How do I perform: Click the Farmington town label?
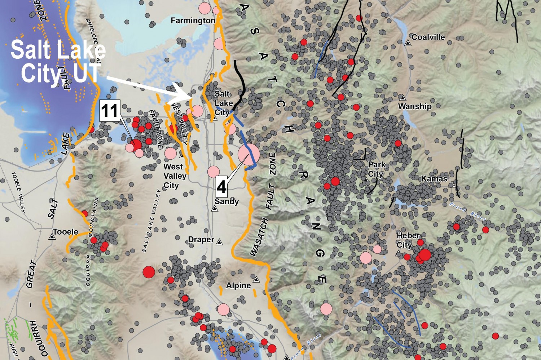pyautogui.click(x=193, y=21)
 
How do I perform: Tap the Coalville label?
pyautogui.click(x=428, y=37)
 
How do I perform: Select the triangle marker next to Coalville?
pyautogui.click(x=408, y=43)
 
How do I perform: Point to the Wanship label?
pyautogui.click(x=415, y=106)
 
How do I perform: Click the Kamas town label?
pyautogui.click(x=434, y=179)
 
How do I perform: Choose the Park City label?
pyautogui.click(x=376, y=169)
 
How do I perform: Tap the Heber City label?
pyautogui.click(x=408, y=240)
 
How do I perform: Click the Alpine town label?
pyautogui.click(x=238, y=285)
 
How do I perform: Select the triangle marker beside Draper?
pyautogui.click(x=219, y=242)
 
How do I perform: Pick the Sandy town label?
pyautogui.click(x=226, y=201)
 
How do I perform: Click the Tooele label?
pyautogui.click(x=65, y=232)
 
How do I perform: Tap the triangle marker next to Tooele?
pyautogui.click(x=52, y=237)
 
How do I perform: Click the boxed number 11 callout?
pyautogui.click(x=110, y=111)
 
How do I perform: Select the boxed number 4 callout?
pyautogui.click(x=221, y=187)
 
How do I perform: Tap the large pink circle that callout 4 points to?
pyautogui.click(x=248, y=154)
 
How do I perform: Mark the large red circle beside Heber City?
pyautogui.click(x=425, y=255)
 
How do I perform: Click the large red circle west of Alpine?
pyautogui.click(x=149, y=272)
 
